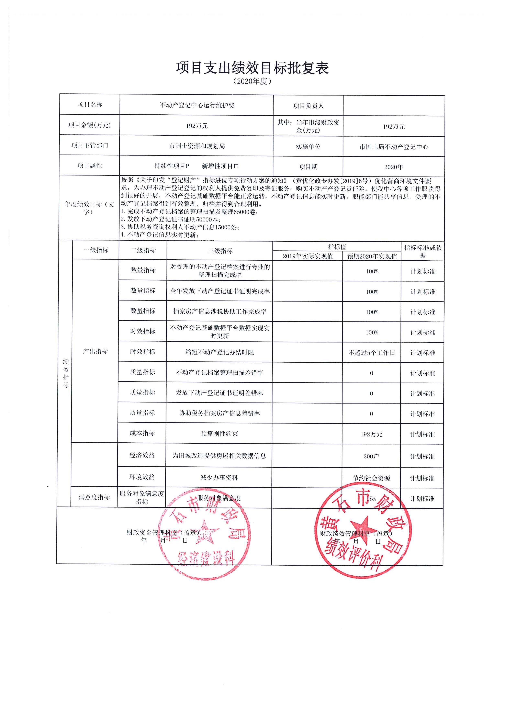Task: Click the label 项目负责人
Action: tap(308, 106)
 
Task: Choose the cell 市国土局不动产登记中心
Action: tap(394, 147)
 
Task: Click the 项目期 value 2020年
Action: tap(393, 167)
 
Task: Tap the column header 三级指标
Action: tap(220, 251)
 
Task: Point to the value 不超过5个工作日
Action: tap(372, 353)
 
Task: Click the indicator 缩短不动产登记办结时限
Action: tap(220, 352)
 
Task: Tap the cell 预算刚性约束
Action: tap(219, 433)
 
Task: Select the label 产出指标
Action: tap(95, 351)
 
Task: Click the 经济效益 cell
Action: tap(142, 455)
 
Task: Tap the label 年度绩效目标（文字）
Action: tap(89, 208)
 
